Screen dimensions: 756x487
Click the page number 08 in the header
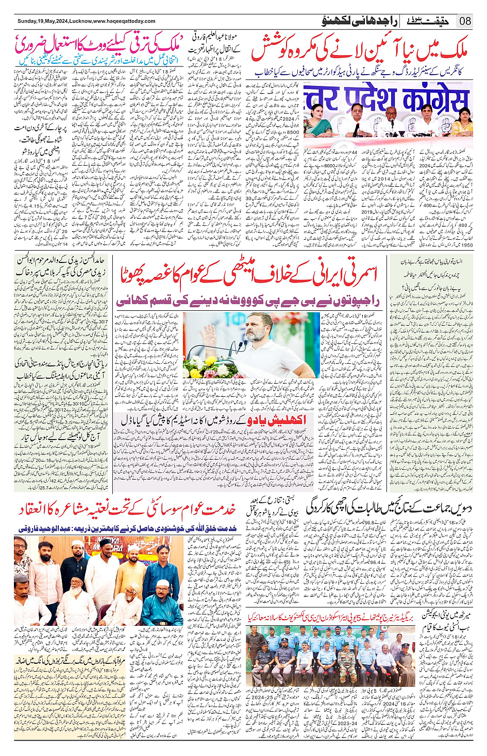click(465, 21)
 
